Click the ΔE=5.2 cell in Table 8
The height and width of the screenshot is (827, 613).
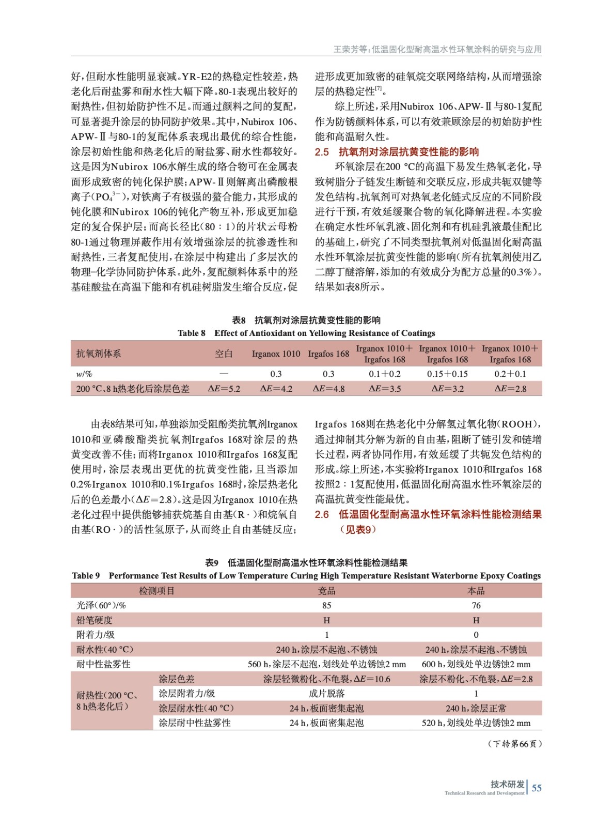click(x=224, y=389)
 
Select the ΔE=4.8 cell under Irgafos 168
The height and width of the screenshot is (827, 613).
click(x=328, y=389)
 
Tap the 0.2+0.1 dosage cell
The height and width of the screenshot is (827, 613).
click(x=510, y=374)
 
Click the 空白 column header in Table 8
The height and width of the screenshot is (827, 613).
click(x=224, y=354)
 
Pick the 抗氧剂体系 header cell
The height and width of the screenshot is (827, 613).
click(x=99, y=354)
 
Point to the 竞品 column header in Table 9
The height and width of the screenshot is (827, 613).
click(x=326, y=591)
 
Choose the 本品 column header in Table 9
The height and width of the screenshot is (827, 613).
click(x=476, y=591)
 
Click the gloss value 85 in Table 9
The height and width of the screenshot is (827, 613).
click(x=326, y=605)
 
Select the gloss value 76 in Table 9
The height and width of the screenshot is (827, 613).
click(x=476, y=605)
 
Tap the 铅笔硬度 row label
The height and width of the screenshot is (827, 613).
click(x=95, y=620)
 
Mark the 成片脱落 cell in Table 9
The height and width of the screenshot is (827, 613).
click(x=326, y=694)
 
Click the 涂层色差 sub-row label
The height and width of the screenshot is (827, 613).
click(x=177, y=679)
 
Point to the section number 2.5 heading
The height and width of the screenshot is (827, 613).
click(x=322, y=152)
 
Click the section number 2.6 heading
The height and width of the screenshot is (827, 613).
click(x=322, y=515)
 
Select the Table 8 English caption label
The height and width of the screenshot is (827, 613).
click(x=192, y=333)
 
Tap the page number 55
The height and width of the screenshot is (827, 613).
click(x=537, y=788)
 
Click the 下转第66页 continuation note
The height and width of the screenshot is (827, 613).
click(x=514, y=744)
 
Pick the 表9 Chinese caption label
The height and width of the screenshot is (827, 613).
click(x=212, y=563)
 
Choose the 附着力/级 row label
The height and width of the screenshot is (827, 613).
click(x=96, y=635)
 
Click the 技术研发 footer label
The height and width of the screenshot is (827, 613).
click(x=507, y=784)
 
